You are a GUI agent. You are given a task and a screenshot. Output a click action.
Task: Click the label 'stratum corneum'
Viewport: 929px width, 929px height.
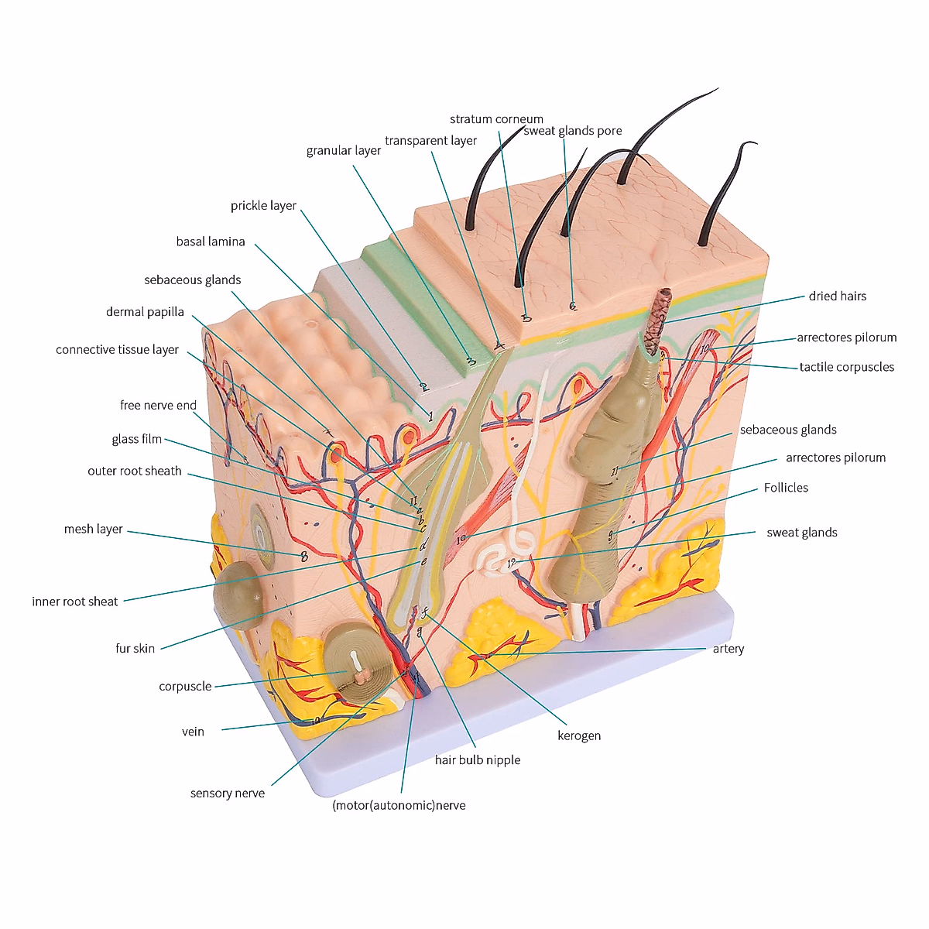pyautogui.click(x=496, y=119)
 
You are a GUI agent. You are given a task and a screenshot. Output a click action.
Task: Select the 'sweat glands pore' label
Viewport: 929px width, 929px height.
pyautogui.click(x=573, y=131)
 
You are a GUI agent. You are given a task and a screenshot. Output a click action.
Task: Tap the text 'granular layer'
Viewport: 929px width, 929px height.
pyautogui.click(x=344, y=150)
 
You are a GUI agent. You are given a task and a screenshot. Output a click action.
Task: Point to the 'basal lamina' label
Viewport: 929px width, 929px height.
pyautogui.click(x=211, y=242)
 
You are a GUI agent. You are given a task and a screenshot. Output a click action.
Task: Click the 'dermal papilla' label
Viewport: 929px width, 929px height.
pyautogui.click(x=145, y=312)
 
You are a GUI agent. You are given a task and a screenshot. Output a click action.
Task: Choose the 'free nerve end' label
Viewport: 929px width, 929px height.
pyautogui.click(x=158, y=405)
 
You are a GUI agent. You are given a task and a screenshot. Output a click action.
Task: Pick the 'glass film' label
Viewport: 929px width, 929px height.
pyautogui.click(x=137, y=439)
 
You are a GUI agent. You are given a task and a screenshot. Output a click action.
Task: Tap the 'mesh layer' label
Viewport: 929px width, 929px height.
pyautogui.click(x=94, y=529)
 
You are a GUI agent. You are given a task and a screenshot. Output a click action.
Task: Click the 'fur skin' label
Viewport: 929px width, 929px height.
pyautogui.click(x=135, y=649)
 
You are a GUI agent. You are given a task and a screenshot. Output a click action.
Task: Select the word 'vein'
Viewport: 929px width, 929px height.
pyautogui.click(x=193, y=732)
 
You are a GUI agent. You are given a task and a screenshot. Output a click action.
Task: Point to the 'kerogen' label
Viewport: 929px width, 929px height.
pyautogui.click(x=579, y=735)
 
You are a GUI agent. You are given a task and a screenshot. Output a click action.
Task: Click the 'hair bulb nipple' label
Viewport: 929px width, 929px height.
pyautogui.click(x=478, y=760)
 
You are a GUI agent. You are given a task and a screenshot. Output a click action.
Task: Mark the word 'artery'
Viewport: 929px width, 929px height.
pyautogui.click(x=728, y=649)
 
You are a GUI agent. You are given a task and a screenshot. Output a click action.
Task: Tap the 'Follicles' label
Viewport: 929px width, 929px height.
pyautogui.click(x=786, y=488)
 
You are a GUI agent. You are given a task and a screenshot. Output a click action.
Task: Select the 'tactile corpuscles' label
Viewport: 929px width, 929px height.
pyautogui.click(x=847, y=367)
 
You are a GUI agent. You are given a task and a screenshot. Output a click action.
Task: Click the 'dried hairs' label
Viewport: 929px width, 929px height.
pyautogui.click(x=838, y=296)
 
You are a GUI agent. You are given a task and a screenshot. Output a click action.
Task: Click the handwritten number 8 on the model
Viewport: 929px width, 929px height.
pyautogui.click(x=303, y=556)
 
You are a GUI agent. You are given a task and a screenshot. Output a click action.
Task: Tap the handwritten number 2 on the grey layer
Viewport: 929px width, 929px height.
pyautogui.click(x=423, y=387)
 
